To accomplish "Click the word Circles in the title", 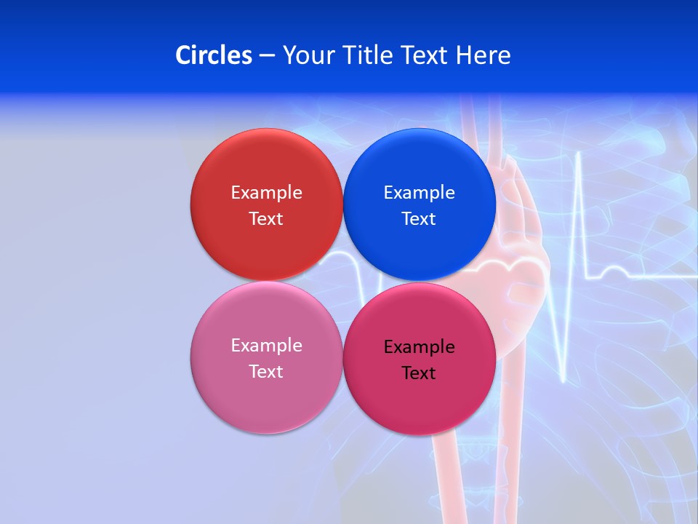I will [213, 55].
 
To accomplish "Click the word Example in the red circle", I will [266, 193].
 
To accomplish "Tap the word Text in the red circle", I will [266, 219].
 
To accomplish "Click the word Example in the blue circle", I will [419, 193].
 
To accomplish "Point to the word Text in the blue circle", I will [419, 219].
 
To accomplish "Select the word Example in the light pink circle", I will [266, 346].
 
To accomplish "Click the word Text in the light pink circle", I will [266, 372].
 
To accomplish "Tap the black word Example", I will [419, 347].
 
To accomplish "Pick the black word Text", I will [419, 373].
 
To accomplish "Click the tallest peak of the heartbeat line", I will [579, 154].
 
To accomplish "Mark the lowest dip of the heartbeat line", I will [564, 379].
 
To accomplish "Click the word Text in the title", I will [426, 55].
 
